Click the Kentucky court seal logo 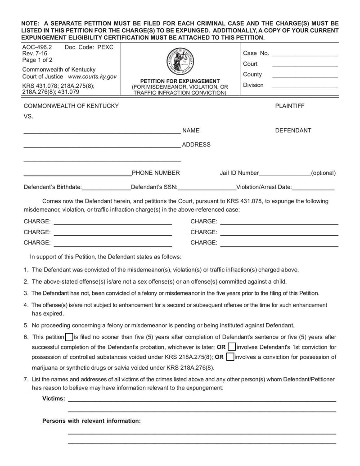(180, 61)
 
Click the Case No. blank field (305, 54)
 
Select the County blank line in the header (305, 75)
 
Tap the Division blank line (305, 86)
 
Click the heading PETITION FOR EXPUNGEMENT (180, 81)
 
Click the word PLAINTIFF (290, 106)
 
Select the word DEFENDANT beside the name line (293, 131)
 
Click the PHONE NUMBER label (156, 173)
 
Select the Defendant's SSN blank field (207, 188)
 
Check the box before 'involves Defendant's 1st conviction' (231, 347)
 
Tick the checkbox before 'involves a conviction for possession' (229, 357)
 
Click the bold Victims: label (54, 398)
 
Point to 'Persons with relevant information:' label (91, 421)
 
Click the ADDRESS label (196, 145)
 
